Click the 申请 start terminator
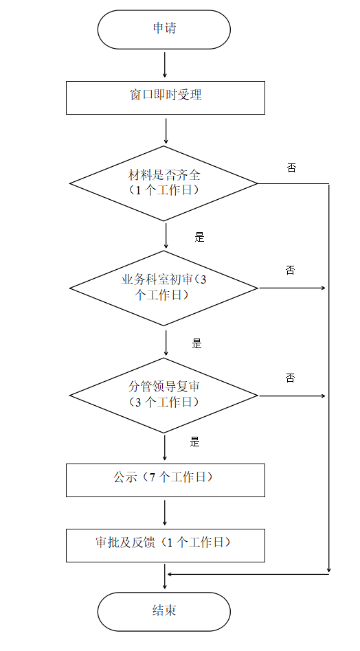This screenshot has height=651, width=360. [164, 30]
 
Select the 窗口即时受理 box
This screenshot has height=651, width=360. [166, 98]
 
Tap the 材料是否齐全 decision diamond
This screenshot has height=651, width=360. [164, 183]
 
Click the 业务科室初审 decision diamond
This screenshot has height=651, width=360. [164, 288]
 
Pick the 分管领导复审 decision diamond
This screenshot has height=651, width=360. [164, 396]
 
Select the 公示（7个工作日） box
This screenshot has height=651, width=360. [166, 480]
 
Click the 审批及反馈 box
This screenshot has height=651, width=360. [166, 545]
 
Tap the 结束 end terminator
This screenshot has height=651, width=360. [164, 612]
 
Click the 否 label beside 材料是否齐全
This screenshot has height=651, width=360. [291, 168]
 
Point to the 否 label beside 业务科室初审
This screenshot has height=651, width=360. [290, 271]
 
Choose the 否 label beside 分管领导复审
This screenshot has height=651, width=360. [290, 378]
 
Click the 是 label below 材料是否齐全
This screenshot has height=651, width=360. [200, 237]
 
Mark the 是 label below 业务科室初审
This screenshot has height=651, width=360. [196, 343]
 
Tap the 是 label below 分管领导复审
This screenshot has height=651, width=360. [194, 442]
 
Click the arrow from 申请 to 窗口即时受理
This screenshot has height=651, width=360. [165, 65]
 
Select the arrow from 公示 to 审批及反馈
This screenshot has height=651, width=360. [165, 513]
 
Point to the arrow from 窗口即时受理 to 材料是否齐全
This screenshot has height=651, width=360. [166, 131]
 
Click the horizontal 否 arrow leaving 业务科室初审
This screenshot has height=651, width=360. [292, 288]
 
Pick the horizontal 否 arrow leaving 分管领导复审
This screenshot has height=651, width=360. [292, 396]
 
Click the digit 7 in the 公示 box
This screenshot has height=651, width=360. [153, 477]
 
